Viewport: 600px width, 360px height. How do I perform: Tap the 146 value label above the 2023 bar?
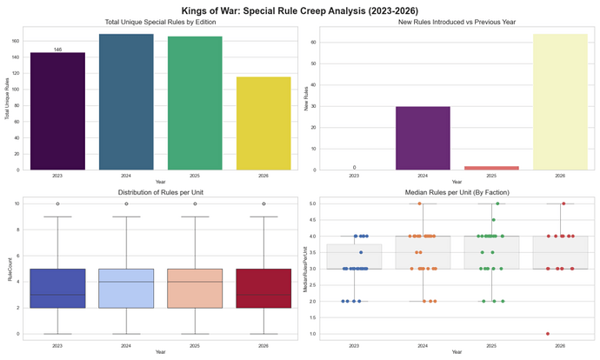(x=57, y=50)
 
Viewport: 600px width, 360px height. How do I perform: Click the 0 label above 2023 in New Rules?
(x=353, y=166)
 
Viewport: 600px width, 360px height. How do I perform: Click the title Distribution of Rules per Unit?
(x=150, y=191)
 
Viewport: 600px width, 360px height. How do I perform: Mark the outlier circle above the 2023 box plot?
(x=57, y=203)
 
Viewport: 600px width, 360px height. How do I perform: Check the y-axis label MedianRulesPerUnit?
(x=305, y=269)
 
